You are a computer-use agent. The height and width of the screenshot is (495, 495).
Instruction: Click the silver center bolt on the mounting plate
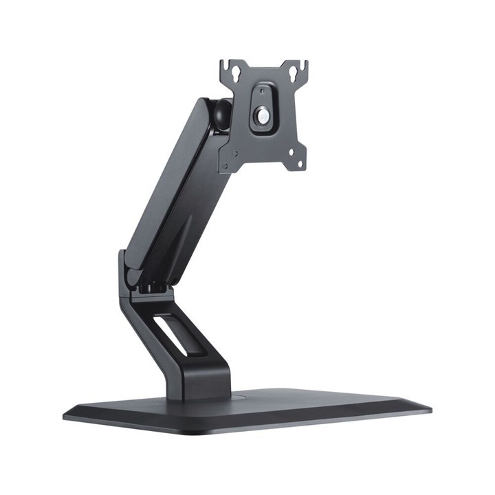tap(263, 116)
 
